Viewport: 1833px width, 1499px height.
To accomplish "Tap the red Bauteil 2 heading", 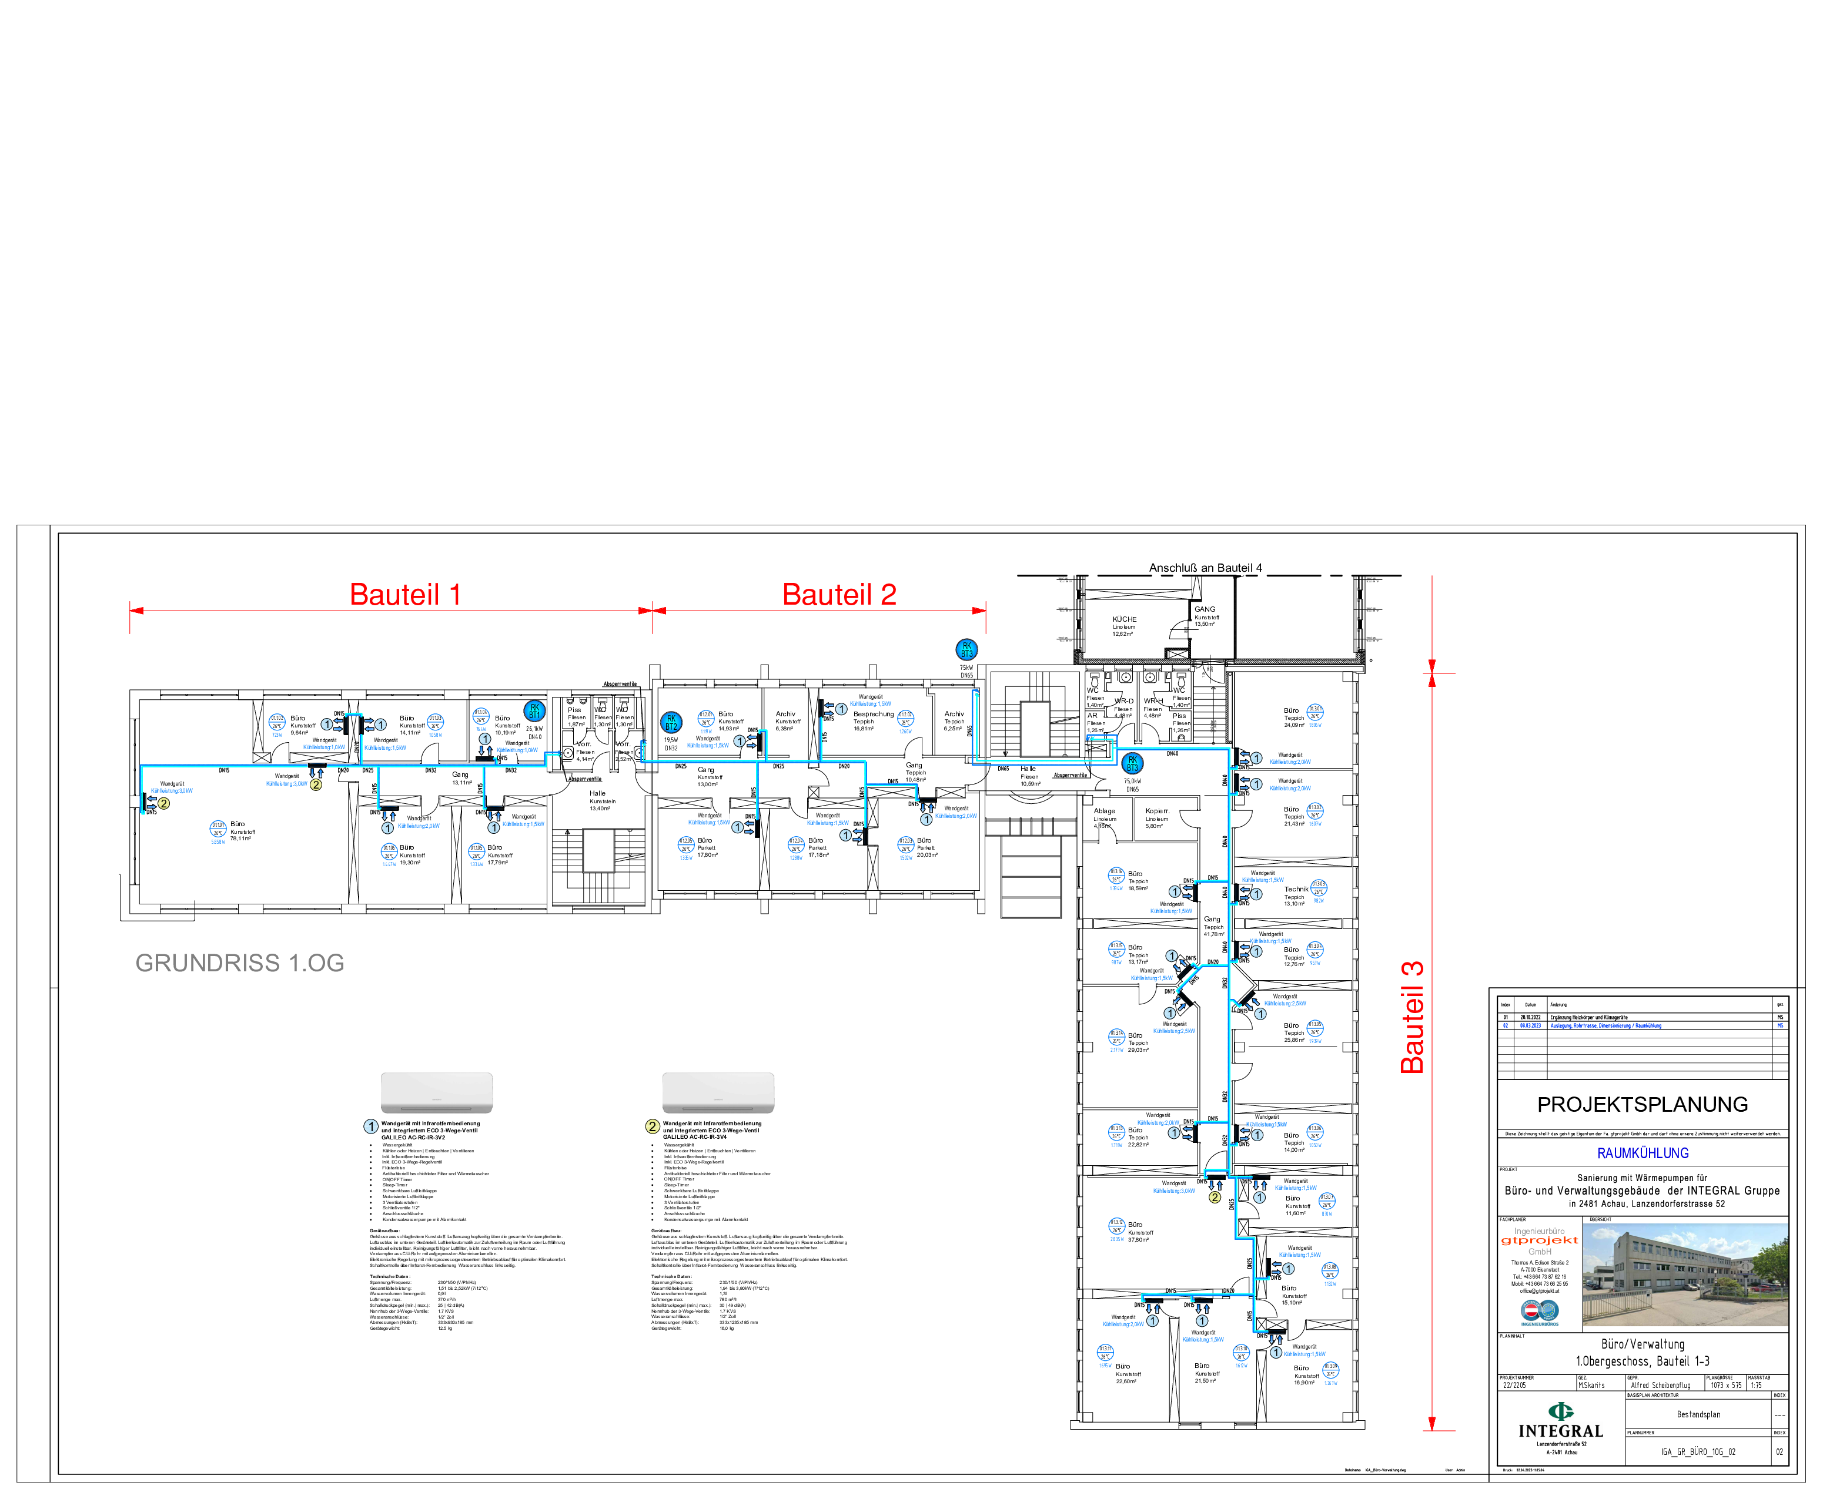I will coord(839,594).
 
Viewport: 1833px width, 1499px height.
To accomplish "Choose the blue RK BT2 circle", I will coord(671,723).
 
